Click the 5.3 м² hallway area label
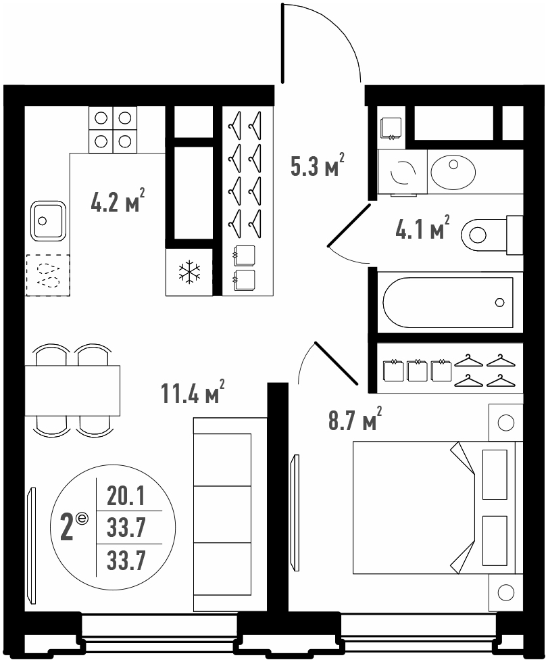pyautogui.click(x=318, y=165)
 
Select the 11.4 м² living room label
pyautogui.click(x=193, y=392)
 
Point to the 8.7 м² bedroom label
pyautogui.click(x=355, y=418)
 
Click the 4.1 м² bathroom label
pyautogui.click(x=422, y=227)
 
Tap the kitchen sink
pyautogui.click(x=49, y=220)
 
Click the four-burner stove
pyautogui.click(x=113, y=129)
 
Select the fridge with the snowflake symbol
pyautogui.click(x=189, y=272)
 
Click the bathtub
pyautogui.click(x=448, y=302)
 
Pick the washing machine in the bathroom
pyautogui.click(x=403, y=172)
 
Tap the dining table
pyautogui.click(x=72, y=391)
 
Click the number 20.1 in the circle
pyautogui.click(x=126, y=496)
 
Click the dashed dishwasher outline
pyautogui.click(x=48, y=275)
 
